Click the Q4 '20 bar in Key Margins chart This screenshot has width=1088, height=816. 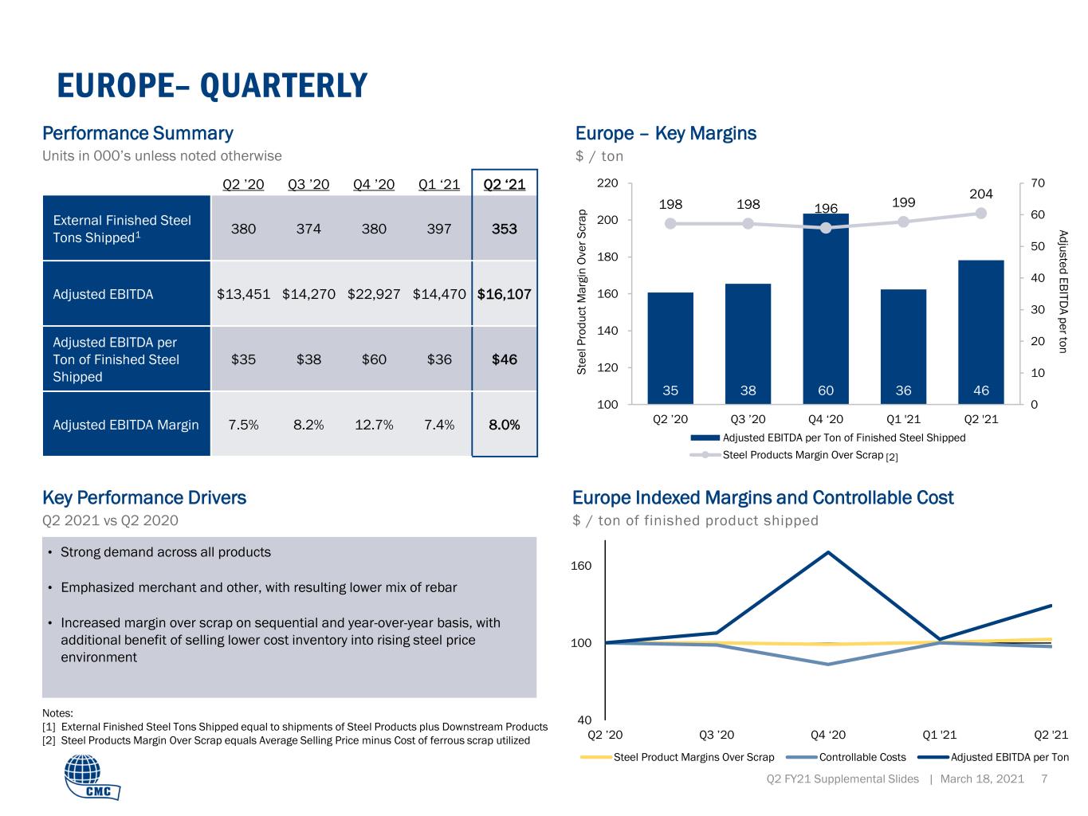pos(825,308)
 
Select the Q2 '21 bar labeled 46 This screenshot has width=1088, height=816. pos(981,332)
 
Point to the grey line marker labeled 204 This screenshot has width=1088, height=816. pos(981,213)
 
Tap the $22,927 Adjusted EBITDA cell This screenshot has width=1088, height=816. pos(374,294)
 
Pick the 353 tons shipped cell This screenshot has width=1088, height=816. pos(504,229)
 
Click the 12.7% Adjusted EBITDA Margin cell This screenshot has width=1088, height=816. pos(374,425)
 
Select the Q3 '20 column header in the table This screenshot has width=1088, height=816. pos(308,184)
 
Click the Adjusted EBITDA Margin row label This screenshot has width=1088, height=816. pos(126,425)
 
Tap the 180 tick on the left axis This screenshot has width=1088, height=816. pos(607,257)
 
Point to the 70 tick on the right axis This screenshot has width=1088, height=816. pos(1038,182)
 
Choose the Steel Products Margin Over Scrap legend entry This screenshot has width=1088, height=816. pos(794,455)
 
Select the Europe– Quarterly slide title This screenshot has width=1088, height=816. pos(212,85)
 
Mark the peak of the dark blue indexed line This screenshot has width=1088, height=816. pos(828,552)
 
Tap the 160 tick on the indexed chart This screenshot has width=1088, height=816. pos(581,565)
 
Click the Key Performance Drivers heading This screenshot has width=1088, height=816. pos(144,497)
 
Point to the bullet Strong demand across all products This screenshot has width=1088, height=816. pos(166,552)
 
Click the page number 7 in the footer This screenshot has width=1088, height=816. pos(1044,779)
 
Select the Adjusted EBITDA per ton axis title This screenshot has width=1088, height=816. pos(1062,292)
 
